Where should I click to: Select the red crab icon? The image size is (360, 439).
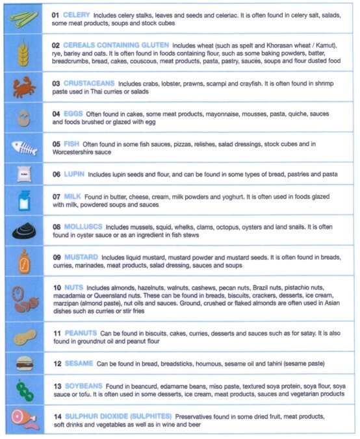(x=25, y=86)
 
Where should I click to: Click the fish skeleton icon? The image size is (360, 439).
(x=25, y=146)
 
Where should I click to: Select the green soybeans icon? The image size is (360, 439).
(x=25, y=390)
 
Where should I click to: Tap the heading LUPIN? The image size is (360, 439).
(x=74, y=174)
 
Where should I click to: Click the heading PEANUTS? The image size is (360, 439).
(x=81, y=332)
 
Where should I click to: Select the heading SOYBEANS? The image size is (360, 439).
(x=85, y=385)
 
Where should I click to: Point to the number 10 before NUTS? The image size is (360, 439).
(x=57, y=287)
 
